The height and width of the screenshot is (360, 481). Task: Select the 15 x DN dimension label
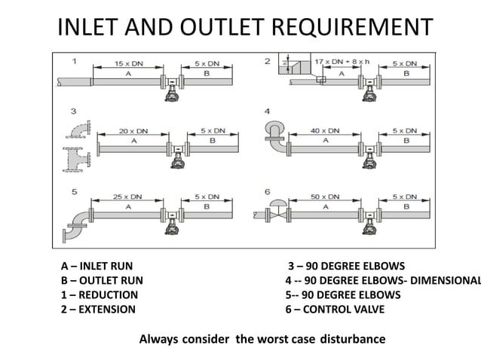(129, 64)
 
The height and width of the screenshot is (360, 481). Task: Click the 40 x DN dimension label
(326, 130)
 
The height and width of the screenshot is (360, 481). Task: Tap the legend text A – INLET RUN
(97, 267)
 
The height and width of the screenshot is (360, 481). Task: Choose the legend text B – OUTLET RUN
(102, 281)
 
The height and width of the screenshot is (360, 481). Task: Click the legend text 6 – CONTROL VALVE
(335, 309)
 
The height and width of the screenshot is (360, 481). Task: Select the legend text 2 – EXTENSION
(98, 309)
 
